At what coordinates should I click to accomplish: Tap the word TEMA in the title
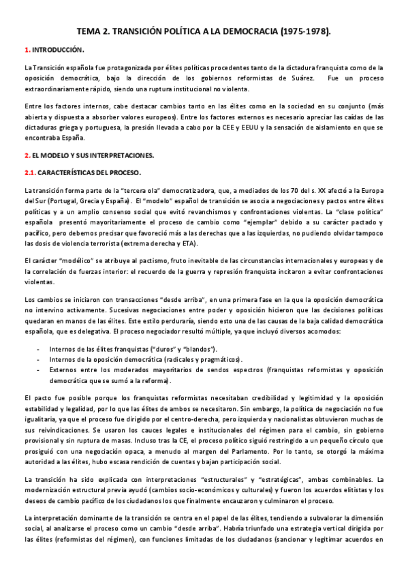pos(88,31)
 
